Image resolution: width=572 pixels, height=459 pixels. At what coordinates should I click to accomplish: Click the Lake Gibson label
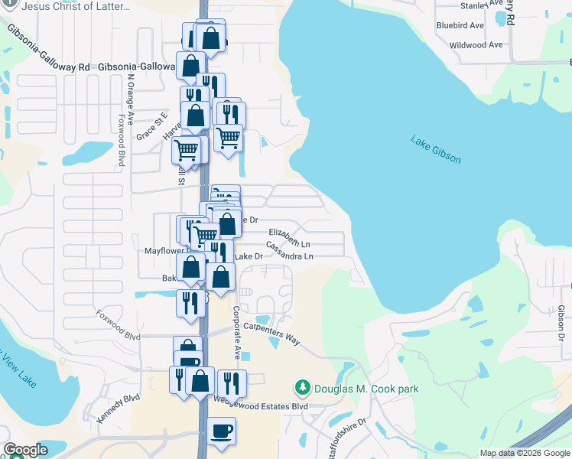436,149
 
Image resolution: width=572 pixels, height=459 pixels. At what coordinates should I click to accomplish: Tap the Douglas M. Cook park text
366,389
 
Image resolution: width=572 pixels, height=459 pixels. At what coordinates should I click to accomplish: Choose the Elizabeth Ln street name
290,236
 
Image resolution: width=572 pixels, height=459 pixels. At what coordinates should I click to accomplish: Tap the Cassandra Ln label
290,250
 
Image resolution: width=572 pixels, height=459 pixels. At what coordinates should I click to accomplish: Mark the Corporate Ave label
237,333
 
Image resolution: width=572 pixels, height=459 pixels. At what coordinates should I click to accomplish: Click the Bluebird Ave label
460,25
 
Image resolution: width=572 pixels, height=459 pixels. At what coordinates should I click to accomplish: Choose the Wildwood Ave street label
476,45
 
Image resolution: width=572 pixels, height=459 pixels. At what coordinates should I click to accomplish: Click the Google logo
25,450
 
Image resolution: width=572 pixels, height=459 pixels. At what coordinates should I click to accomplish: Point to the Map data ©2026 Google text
524,453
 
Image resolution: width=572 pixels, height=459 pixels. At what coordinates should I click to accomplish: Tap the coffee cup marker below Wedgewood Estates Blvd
221,431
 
